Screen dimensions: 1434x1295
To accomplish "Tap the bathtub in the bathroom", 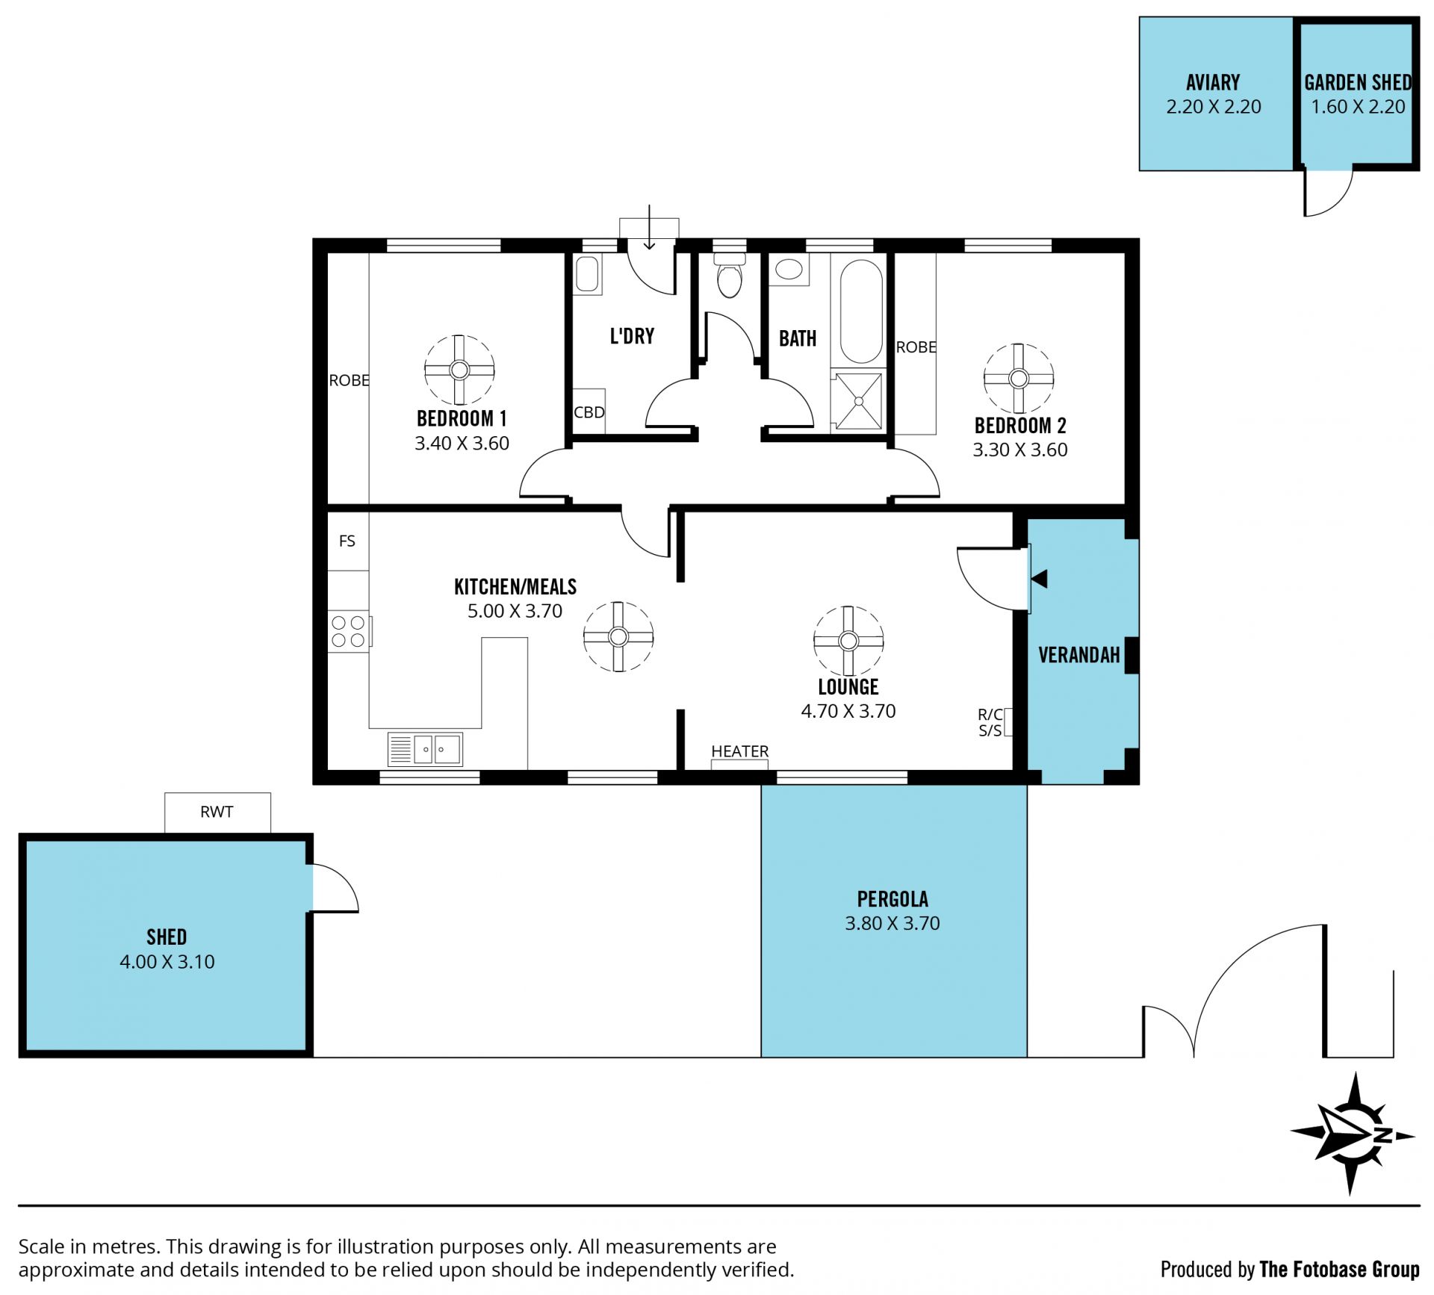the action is pyautogui.click(x=861, y=311).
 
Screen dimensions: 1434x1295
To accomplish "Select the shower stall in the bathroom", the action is pyautogui.click(x=858, y=401).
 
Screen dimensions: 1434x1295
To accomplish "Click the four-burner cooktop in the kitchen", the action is pyautogui.click(x=349, y=631).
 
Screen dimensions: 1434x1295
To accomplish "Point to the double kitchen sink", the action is pyautogui.click(x=425, y=748).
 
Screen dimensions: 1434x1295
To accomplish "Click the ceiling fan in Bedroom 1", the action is pyautogui.click(x=459, y=370).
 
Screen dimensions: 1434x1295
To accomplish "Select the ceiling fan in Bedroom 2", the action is pyautogui.click(x=1018, y=378).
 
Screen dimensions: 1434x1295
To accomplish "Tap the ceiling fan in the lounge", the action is pyautogui.click(x=848, y=640).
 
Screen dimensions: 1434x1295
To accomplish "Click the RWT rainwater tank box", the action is pyautogui.click(x=217, y=812).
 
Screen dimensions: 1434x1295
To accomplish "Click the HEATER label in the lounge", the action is pyautogui.click(x=739, y=751).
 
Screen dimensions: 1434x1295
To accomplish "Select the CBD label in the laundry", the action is pyautogui.click(x=589, y=412).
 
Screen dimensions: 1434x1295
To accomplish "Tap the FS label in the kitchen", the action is pyautogui.click(x=347, y=541).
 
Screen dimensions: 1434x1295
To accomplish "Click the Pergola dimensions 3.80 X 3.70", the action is pyautogui.click(x=893, y=923).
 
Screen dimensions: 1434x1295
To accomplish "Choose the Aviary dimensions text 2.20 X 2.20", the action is pyautogui.click(x=1214, y=107).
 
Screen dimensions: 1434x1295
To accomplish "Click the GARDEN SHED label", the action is pyautogui.click(x=1358, y=83).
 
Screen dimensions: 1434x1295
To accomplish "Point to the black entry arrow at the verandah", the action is pyautogui.click(x=1039, y=579).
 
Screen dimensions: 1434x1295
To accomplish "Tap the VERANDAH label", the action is pyautogui.click(x=1079, y=655).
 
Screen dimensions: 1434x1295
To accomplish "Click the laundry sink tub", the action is pyautogui.click(x=587, y=273).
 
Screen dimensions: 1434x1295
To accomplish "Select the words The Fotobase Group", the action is pyautogui.click(x=1339, y=1270).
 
